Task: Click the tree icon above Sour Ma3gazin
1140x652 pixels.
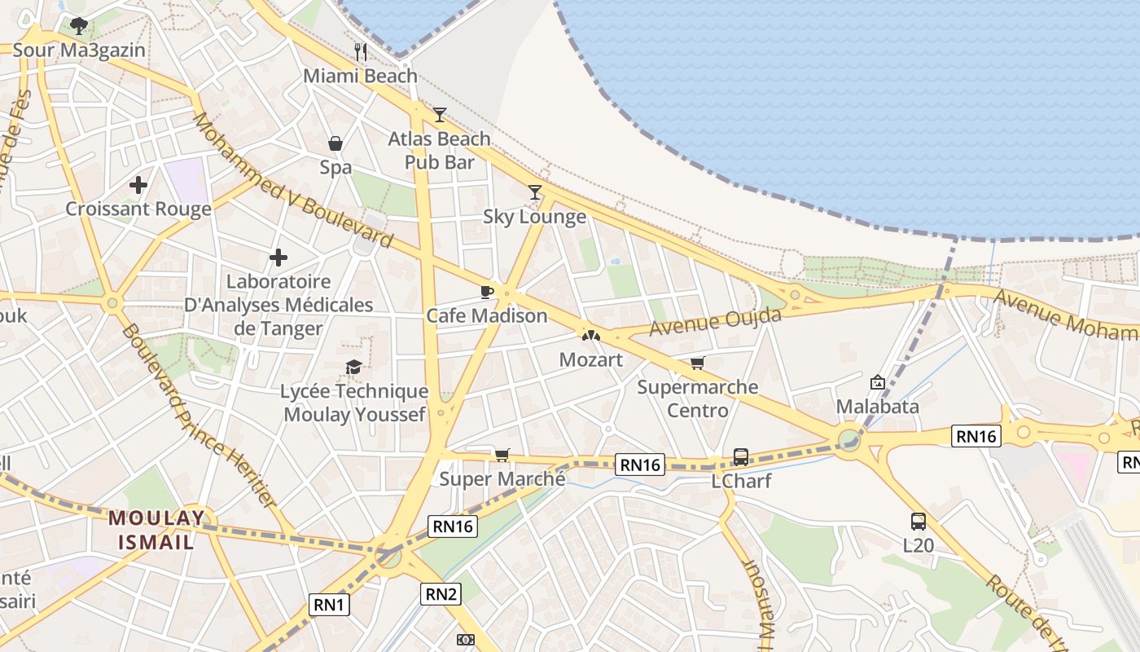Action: click(79, 26)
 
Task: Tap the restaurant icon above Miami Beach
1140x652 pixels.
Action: click(361, 52)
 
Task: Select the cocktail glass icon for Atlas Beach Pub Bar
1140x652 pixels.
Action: click(440, 114)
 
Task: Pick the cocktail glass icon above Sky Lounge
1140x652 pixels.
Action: click(535, 192)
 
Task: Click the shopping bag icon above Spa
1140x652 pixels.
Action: click(335, 144)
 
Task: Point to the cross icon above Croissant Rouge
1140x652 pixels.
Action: click(138, 185)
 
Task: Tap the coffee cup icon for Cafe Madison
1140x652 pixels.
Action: click(487, 292)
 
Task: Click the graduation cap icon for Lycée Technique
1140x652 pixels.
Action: click(353, 368)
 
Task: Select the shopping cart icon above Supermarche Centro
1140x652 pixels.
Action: click(697, 363)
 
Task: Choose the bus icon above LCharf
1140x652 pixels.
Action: click(741, 456)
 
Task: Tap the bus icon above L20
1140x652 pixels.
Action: click(919, 521)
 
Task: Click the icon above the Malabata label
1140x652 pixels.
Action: click(878, 381)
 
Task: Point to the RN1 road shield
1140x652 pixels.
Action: click(330, 604)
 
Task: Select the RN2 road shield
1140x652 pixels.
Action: click(441, 594)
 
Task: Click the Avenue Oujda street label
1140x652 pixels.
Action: click(716, 321)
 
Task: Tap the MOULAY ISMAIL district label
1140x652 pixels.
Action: click(157, 529)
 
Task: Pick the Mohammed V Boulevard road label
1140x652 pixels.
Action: click(293, 181)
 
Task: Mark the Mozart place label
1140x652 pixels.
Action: click(591, 359)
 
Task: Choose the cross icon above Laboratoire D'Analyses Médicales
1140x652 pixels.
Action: click(278, 258)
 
